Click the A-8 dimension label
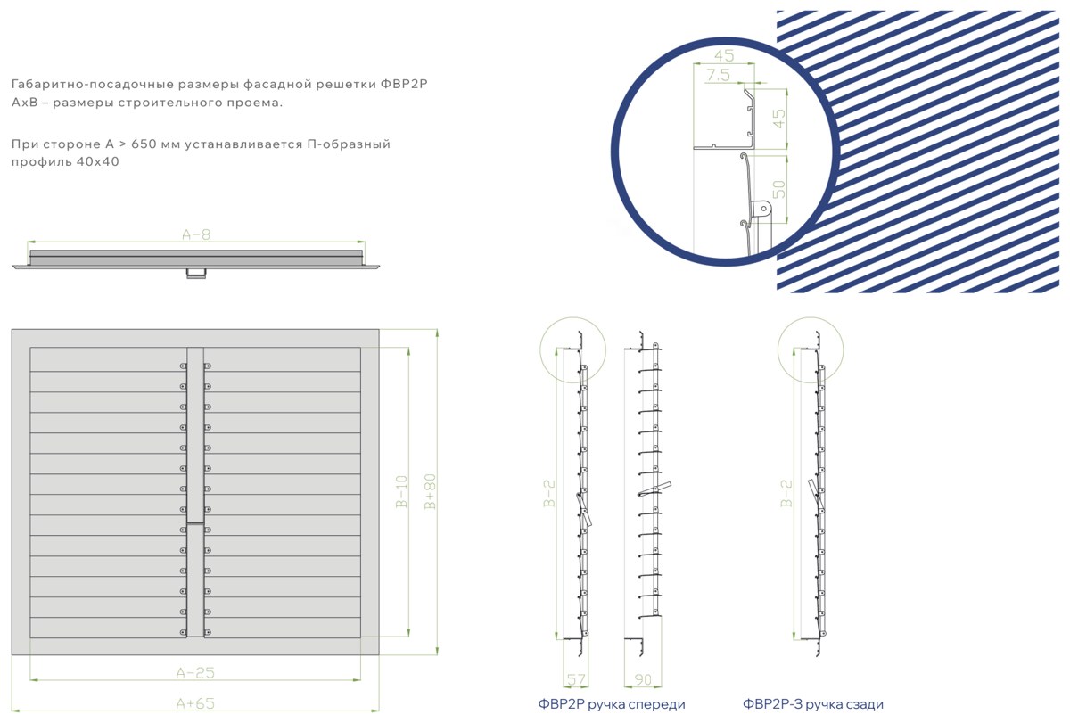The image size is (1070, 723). click(196, 235)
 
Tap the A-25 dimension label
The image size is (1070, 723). click(195, 673)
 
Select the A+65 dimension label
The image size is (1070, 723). click(195, 703)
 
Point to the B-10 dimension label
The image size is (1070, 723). click(402, 491)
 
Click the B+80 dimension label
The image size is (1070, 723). click(430, 491)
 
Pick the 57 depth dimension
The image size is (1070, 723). click(576, 680)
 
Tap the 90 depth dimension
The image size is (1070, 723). click(643, 680)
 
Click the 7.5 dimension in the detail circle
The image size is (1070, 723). click(719, 75)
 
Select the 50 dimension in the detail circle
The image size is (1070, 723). click(778, 189)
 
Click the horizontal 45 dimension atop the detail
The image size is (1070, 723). click(724, 55)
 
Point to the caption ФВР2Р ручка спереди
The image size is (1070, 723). click(612, 704)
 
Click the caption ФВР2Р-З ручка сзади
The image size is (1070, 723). click(813, 704)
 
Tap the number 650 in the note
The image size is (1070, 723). click(144, 144)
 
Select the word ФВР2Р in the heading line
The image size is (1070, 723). click(404, 84)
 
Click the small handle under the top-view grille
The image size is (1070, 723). click(196, 273)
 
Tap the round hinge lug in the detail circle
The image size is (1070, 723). click(763, 209)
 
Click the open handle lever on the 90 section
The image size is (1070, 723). click(654, 489)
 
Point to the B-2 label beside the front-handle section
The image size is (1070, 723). click(550, 493)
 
